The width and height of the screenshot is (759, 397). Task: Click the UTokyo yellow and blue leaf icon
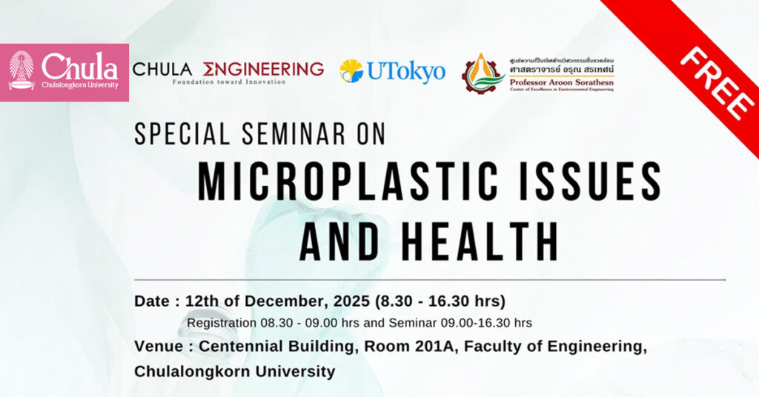click(x=351, y=71)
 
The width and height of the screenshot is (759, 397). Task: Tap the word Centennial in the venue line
click(x=239, y=347)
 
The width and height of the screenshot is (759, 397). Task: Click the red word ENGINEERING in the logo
click(x=263, y=69)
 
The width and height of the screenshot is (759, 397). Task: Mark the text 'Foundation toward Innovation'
click(x=228, y=81)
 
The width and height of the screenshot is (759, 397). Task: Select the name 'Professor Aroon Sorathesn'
click(x=561, y=82)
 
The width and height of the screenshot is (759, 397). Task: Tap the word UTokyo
click(x=405, y=72)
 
